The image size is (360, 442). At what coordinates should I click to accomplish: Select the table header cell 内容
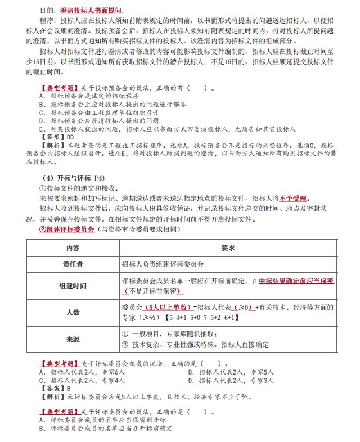point(73,247)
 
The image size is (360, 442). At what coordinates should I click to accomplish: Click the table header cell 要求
point(228,247)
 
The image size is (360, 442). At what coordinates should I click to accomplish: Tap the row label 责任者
point(73,264)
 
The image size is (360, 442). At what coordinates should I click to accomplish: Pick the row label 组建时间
point(73,286)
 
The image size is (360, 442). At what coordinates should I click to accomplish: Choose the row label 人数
point(73,312)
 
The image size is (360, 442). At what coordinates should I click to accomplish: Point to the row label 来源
point(73,339)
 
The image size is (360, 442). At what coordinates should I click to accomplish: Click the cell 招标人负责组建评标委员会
point(163,264)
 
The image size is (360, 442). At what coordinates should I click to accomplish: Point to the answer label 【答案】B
point(55,388)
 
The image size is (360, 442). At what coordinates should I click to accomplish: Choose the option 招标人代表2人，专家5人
point(231,372)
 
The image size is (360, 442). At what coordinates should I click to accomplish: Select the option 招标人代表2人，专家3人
point(231,380)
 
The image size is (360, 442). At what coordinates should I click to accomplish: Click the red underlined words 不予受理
point(295,199)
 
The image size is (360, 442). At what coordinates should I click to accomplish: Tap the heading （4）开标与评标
point(66,178)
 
